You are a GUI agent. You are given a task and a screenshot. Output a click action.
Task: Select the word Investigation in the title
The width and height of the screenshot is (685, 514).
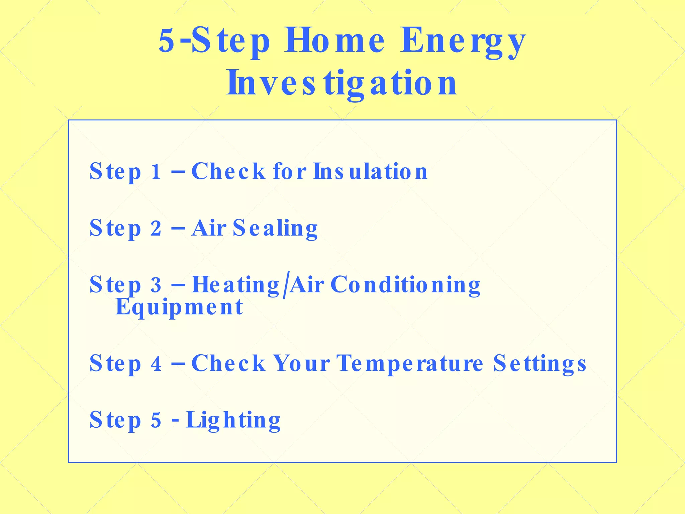click(x=342, y=83)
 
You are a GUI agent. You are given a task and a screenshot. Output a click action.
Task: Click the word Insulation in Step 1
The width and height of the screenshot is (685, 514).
click(x=370, y=171)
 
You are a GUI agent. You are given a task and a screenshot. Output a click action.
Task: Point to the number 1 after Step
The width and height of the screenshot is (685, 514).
click(x=156, y=172)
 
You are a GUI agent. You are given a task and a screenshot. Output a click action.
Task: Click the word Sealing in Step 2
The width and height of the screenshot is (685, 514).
click(x=275, y=228)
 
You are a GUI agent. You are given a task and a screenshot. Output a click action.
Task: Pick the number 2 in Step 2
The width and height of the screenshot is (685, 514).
click(x=156, y=229)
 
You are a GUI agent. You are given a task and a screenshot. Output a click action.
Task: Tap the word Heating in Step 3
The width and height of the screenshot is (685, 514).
click(x=235, y=285)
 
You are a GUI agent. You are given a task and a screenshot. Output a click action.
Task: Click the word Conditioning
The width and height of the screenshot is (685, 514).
click(x=405, y=285)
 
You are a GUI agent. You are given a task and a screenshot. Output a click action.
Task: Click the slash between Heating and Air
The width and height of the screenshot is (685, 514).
click(x=285, y=285)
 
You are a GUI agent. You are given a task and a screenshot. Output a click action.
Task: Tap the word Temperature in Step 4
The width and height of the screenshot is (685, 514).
click(x=410, y=364)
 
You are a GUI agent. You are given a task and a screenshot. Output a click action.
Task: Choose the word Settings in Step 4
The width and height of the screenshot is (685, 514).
click(x=540, y=364)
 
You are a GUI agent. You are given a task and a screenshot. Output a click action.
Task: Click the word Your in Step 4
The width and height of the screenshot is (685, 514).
click(x=301, y=363)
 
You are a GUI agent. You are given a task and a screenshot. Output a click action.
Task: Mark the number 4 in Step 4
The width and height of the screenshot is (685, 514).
click(x=156, y=364)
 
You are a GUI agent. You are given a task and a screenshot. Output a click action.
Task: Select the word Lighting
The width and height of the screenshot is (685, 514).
click(x=233, y=420)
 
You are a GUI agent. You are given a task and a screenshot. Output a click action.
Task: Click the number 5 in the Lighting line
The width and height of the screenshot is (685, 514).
click(x=156, y=420)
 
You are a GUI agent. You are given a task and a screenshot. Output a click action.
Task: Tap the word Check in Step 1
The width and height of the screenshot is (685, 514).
click(x=228, y=171)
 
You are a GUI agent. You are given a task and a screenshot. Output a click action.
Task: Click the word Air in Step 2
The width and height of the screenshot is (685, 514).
click(x=209, y=228)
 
